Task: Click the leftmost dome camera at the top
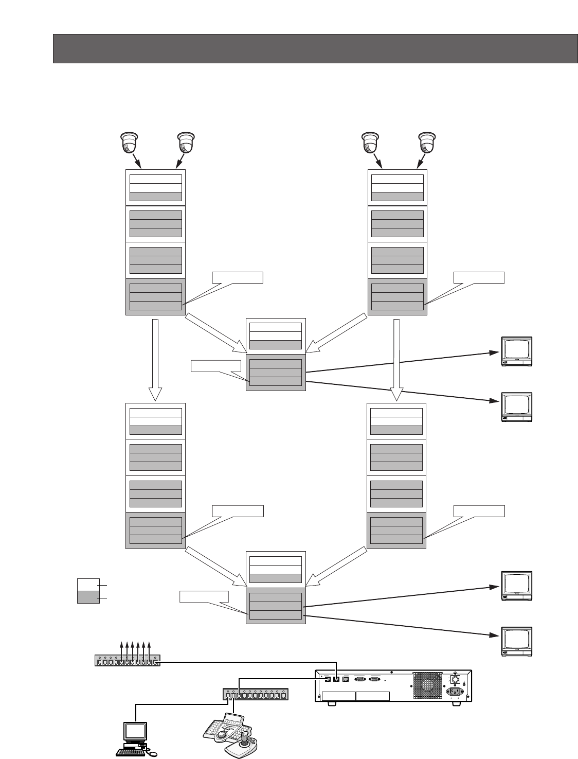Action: (129, 142)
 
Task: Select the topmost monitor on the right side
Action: (517, 352)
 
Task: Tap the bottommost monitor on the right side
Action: (517, 642)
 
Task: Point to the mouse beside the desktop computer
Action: (153, 753)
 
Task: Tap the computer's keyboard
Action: (132, 752)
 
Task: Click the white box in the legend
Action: (88, 585)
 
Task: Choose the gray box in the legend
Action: (88, 597)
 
